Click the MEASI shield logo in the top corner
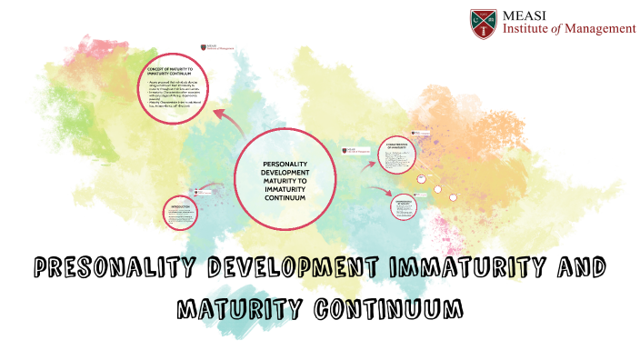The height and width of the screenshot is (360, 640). coord(483,22)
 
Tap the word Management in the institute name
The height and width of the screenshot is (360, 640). coord(599,29)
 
